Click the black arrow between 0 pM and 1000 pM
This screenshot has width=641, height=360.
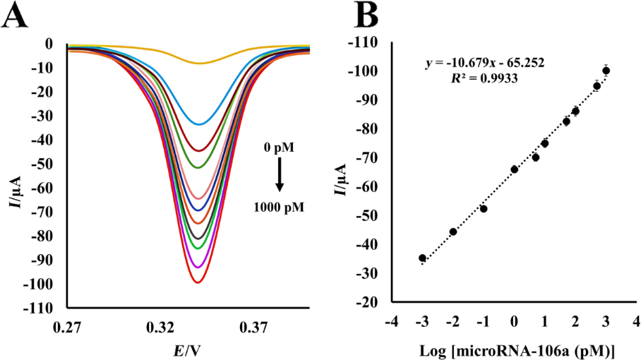(x=280, y=174)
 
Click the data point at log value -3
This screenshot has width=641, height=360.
(x=422, y=258)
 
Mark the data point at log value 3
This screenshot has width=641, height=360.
(x=606, y=71)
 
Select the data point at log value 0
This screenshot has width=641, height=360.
(x=514, y=169)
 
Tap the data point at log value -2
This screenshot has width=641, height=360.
(x=453, y=232)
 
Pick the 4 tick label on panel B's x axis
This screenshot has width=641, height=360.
(x=636, y=323)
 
